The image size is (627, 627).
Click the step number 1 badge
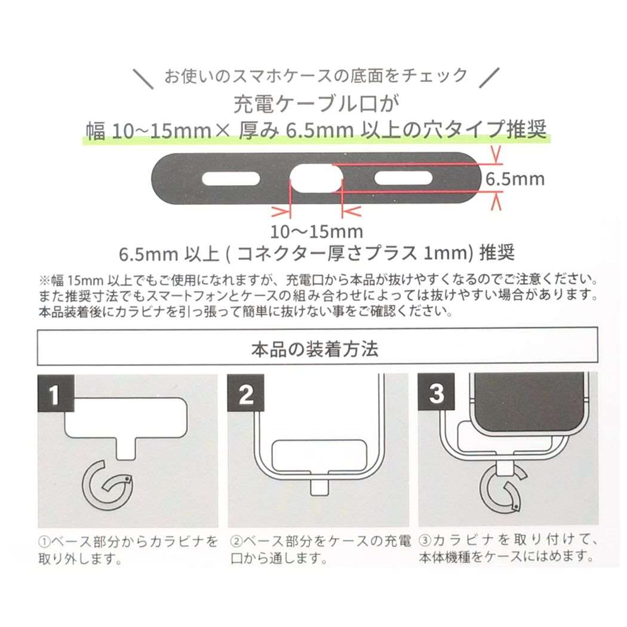point(56,394)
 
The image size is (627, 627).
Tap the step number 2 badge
point(245,394)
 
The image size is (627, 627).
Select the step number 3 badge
point(437,394)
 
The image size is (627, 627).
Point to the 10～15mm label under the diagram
point(316,231)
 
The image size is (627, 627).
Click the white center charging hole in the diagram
point(316,179)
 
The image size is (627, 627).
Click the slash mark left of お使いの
point(144,77)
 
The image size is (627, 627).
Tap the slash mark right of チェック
point(488,77)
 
